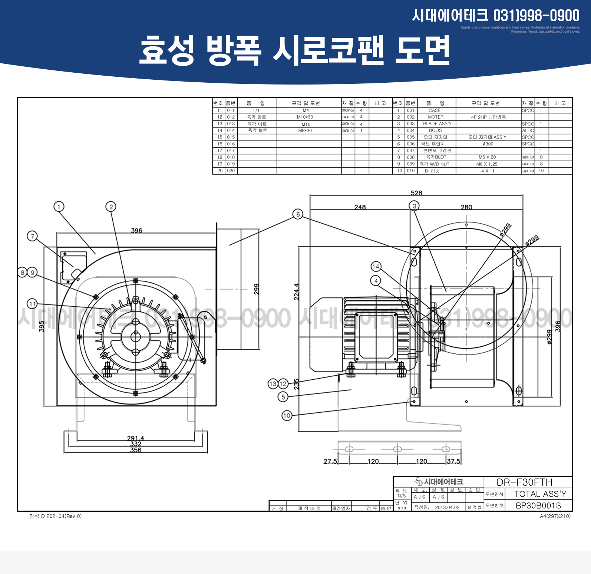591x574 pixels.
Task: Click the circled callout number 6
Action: tap(298, 214)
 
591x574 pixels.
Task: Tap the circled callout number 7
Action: tap(33, 236)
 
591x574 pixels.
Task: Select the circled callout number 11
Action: tap(33, 304)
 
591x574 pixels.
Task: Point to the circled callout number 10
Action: tap(287, 416)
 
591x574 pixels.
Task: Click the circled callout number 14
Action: tap(376, 266)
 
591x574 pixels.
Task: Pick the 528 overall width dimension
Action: tap(416, 193)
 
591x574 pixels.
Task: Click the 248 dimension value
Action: tap(360, 207)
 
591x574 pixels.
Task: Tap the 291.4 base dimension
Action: tap(136, 438)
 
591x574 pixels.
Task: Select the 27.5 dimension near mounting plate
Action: tap(330, 461)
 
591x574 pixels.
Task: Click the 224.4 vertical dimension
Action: tap(296, 292)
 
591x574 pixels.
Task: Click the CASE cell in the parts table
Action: tap(435, 110)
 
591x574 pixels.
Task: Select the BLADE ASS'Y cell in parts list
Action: tap(437, 124)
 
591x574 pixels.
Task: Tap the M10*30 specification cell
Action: tap(305, 117)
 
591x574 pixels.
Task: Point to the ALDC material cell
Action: tap(528, 131)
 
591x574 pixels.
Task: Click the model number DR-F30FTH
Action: tap(524, 482)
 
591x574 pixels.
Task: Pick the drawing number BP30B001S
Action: tap(538, 506)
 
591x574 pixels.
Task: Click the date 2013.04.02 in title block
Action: tap(447, 508)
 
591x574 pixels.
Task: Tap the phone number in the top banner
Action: tap(536, 16)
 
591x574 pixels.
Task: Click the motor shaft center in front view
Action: tap(135, 337)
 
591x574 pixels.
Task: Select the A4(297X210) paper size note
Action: tap(555, 516)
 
